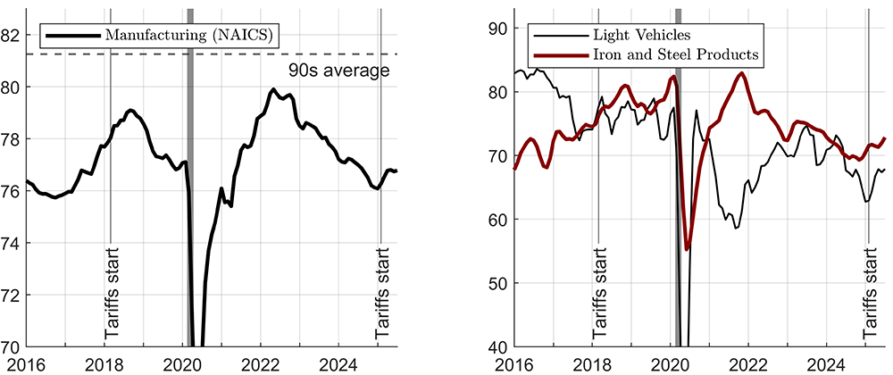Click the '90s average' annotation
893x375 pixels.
tap(338, 70)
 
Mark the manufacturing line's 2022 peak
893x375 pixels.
tap(273, 89)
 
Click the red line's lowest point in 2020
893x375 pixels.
tap(687, 249)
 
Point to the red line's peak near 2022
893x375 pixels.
tap(741, 73)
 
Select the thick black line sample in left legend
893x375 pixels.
tap(72, 35)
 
